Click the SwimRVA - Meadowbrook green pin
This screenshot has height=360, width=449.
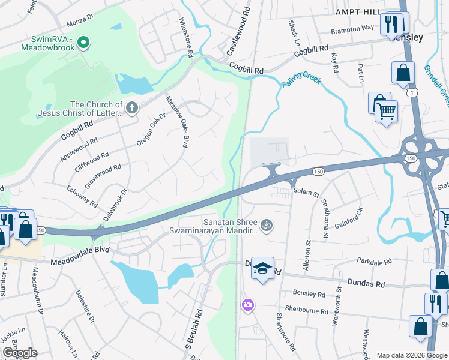coord(85,42)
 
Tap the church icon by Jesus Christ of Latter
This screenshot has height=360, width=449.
coord(132,108)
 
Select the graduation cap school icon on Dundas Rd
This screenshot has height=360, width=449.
coord(262,268)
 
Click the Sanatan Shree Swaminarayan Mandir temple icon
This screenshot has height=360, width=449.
coord(267,226)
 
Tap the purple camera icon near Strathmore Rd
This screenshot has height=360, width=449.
coord(247,306)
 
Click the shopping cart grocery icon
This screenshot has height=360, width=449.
coord(386,111)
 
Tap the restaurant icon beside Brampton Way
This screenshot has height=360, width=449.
coord(390,25)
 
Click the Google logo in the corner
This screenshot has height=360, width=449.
coord(19,353)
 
